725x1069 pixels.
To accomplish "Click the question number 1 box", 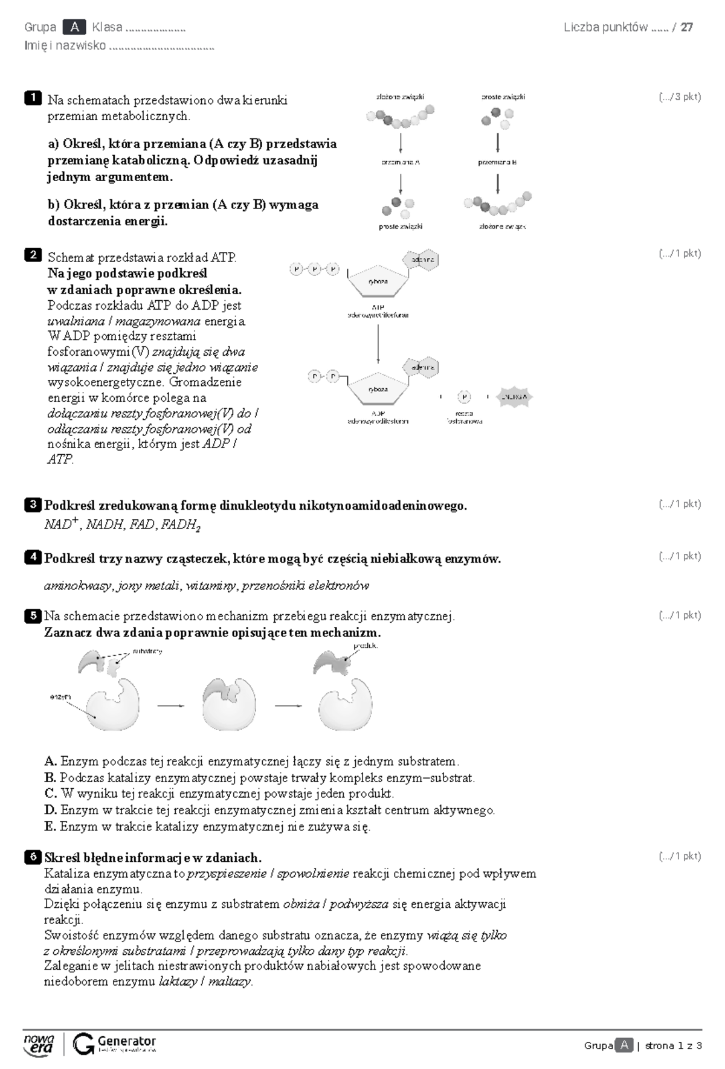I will tap(33, 98).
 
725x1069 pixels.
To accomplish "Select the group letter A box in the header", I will tap(74, 27).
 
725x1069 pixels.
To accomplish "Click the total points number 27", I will tap(686, 27).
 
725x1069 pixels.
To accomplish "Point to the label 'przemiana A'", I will tap(400, 162).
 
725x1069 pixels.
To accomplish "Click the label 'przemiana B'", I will tap(497, 162).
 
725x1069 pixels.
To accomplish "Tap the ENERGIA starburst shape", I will tap(515, 397).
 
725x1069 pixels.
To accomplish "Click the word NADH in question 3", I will tap(105, 525).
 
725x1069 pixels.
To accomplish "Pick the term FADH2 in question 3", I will tap(181, 525).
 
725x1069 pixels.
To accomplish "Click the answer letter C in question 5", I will tap(50, 794).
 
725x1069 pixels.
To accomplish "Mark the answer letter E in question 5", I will tap(50, 826).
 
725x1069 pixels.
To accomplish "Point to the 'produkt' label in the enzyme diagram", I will tap(366, 646).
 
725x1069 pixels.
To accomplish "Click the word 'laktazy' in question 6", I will tap(177, 981).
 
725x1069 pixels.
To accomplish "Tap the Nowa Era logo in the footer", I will tap(39, 1043).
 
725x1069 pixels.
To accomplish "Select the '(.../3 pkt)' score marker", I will tap(680, 97).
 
